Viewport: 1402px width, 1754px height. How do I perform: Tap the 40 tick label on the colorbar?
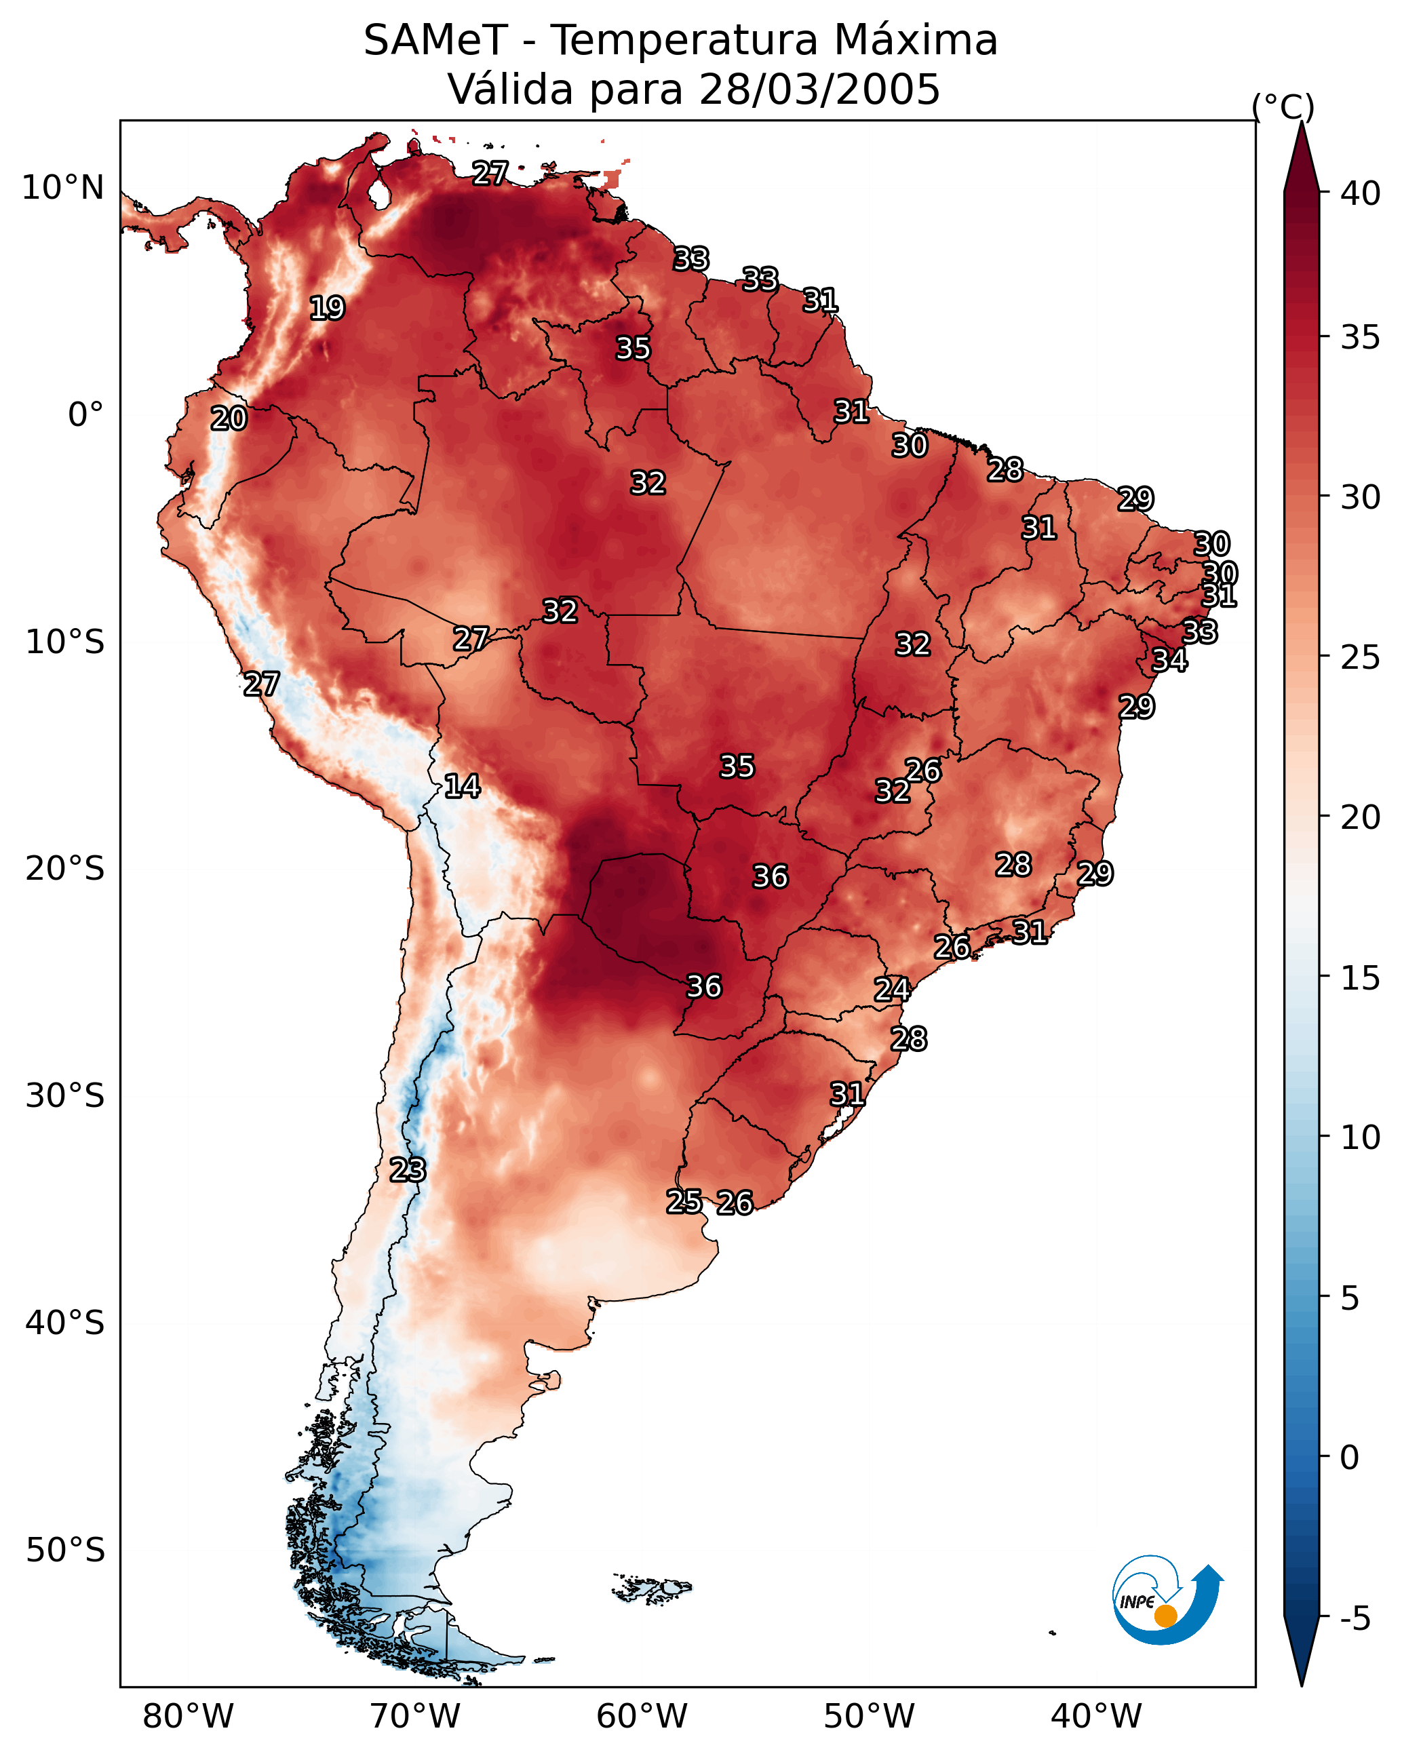tap(1361, 193)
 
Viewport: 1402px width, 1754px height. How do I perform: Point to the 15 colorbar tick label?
tap(1361, 978)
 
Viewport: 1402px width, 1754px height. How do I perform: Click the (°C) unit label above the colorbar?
tap(1283, 107)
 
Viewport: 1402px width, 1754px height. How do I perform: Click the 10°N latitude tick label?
tap(62, 188)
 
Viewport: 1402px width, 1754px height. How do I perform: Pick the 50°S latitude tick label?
tap(65, 1551)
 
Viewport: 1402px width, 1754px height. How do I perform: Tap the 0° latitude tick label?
tap(85, 415)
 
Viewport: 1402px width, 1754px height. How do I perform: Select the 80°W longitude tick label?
tap(188, 1717)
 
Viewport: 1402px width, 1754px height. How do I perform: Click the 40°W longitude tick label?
tap(1097, 1717)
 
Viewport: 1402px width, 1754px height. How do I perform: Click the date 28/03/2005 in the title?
tap(819, 90)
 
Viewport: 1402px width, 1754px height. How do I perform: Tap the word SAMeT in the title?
tap(436, 41)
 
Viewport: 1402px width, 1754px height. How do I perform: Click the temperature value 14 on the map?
tap(462, 786)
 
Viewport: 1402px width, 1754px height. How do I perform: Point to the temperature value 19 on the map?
tap(327, 309)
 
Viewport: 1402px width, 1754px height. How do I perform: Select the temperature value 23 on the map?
tap(407, 1170)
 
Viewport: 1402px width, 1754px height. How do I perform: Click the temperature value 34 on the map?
tap(1169, 660)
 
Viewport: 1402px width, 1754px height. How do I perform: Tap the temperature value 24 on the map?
tap(892, 990)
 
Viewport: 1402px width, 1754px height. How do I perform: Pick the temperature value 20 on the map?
tap(229, 419)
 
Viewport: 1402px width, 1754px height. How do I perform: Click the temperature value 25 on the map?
tap(684, 1202)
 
